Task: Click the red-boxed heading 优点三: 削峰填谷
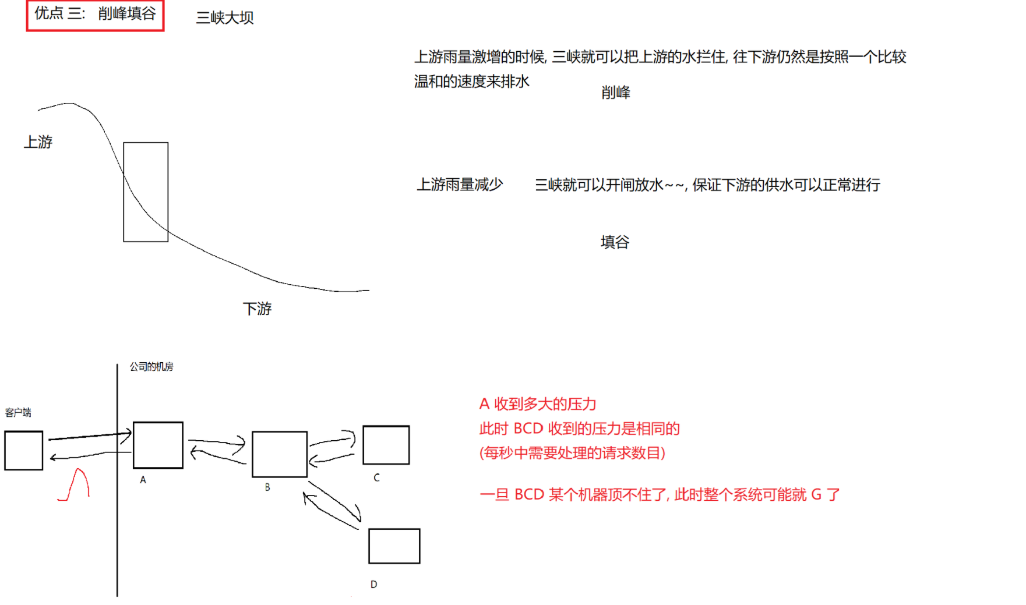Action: (95, 15)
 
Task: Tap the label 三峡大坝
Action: (225, 18)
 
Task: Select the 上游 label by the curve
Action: (38, 142)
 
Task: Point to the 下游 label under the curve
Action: (258, 309)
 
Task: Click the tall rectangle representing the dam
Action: (146, 192)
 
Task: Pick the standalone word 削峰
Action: (616, 93)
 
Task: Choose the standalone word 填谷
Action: (615, 242)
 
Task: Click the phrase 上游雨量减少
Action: (460, 185)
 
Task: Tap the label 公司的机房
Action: (151, 367)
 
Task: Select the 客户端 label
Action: (18, 413)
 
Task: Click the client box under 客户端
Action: (24, 450)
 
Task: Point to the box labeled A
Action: (158, 445)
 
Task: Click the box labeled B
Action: (280, 454)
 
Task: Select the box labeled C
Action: (386, 445)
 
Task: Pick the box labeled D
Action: (394, 546)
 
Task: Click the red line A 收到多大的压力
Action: (538, 404)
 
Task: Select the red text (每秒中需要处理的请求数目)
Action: (572, 453)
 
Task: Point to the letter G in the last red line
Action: (816, 495)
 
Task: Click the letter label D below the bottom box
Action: (374, 585)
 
